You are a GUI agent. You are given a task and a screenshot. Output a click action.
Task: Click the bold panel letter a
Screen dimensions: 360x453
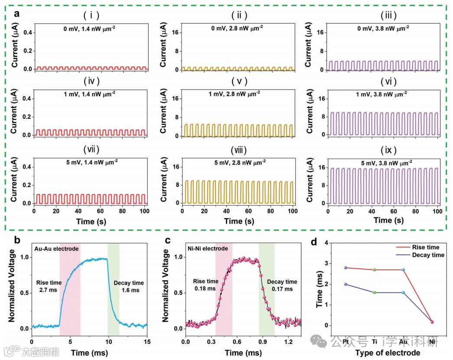coord(16,13)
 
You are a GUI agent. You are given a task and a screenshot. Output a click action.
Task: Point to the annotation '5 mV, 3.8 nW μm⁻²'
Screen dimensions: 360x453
coord(383,162)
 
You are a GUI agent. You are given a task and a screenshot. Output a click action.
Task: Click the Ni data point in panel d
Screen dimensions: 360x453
coord(432,322)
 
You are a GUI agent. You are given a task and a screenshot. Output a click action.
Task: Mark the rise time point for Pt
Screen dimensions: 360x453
coord(345,268)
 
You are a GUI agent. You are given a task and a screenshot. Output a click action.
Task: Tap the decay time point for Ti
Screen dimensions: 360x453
coord(375,292)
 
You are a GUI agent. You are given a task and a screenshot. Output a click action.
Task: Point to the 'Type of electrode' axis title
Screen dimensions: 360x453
coord(388,353)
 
